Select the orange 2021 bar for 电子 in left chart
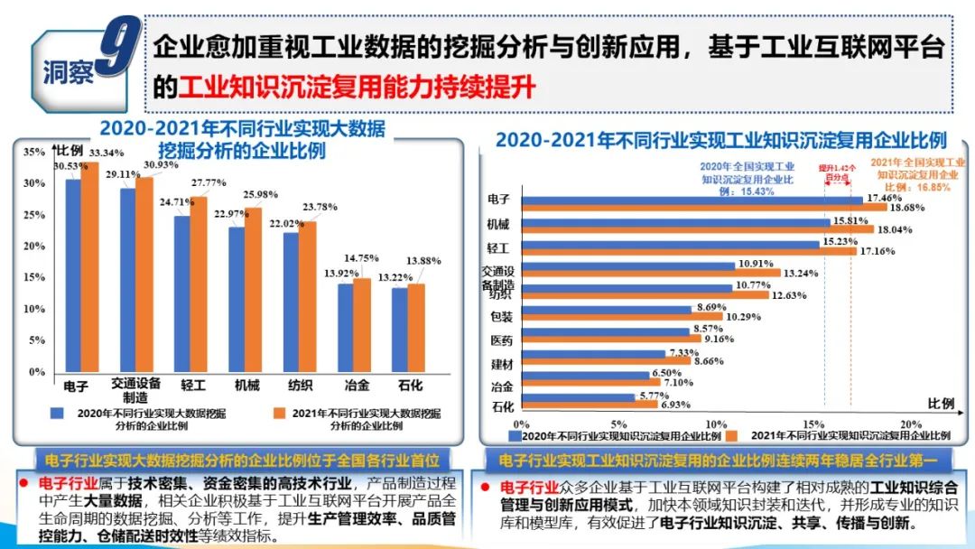pyautogui.click(x=89, y=266)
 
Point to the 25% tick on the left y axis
pyautogui.click(x=34, y=214)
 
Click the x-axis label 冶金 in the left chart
pyautogui.click(x=357, y=386)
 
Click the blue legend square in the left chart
pyautogui.click(x=57, y=413)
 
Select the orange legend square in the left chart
pyautogui.click(x=275, y=413)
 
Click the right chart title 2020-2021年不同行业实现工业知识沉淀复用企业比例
pyautogui.click(x=720, y=140)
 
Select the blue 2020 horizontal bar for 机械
pyautogui.click(x=674, y=222)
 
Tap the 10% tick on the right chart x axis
pyautogui.click(x=716, y=423)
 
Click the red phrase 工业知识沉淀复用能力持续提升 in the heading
pyautogui.click(x=357, y=88)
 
